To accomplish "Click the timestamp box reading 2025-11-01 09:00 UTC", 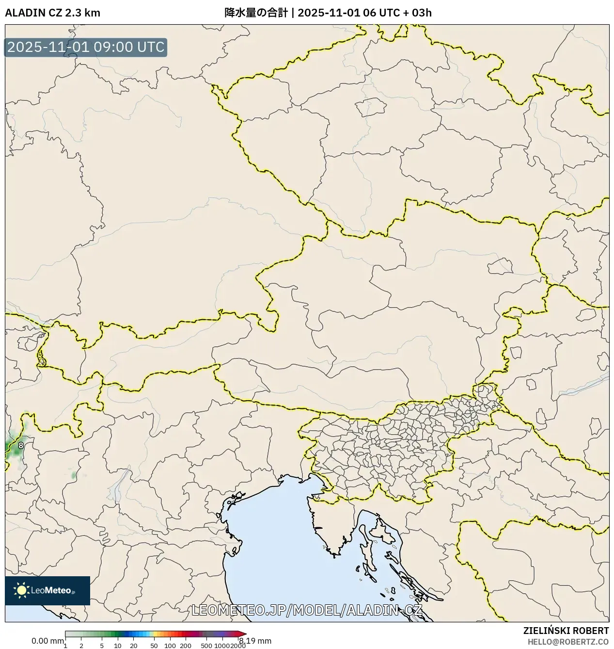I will point(86,48).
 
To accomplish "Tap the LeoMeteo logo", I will point(47,590).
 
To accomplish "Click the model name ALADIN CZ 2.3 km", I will point(52,13).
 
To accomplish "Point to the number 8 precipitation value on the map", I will point(21,445).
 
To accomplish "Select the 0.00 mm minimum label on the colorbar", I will point(47,641).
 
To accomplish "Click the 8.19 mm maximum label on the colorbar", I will point(255,641).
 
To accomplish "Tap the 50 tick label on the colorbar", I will point(154,646).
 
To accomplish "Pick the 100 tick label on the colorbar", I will point(170,646).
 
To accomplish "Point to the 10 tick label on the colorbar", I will point(118,646).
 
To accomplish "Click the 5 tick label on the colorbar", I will point(102,646).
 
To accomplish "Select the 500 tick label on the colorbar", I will point(206,646).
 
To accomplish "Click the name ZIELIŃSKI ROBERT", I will point(566,631).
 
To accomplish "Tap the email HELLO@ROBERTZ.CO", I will point(568,642).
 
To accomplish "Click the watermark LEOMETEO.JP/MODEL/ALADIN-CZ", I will point(307,610).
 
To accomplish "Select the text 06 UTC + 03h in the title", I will point(397,13).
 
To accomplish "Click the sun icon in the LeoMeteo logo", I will point(21,590).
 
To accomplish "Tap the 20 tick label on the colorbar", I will point(134,646).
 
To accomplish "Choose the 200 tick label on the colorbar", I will point(186,646).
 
